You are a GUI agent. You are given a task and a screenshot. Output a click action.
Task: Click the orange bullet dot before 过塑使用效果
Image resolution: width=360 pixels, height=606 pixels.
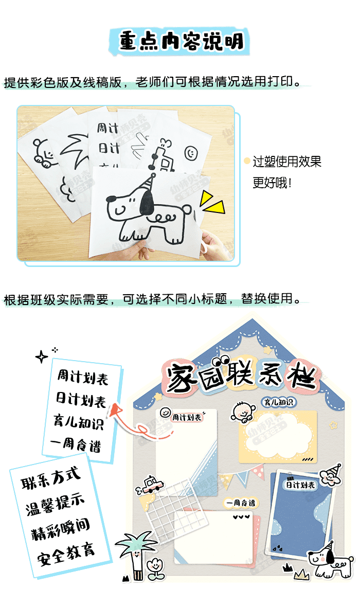[247, 162]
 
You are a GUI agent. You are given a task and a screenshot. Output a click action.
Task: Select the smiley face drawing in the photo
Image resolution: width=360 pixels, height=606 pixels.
[191, 152]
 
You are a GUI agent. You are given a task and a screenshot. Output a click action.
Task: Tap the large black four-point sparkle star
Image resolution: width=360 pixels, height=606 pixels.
[42, 357]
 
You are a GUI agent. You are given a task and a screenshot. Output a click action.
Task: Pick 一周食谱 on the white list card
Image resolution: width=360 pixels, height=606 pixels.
[76, 444]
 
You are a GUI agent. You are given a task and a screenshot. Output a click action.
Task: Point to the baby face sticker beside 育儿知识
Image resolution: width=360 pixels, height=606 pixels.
[243, 412]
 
